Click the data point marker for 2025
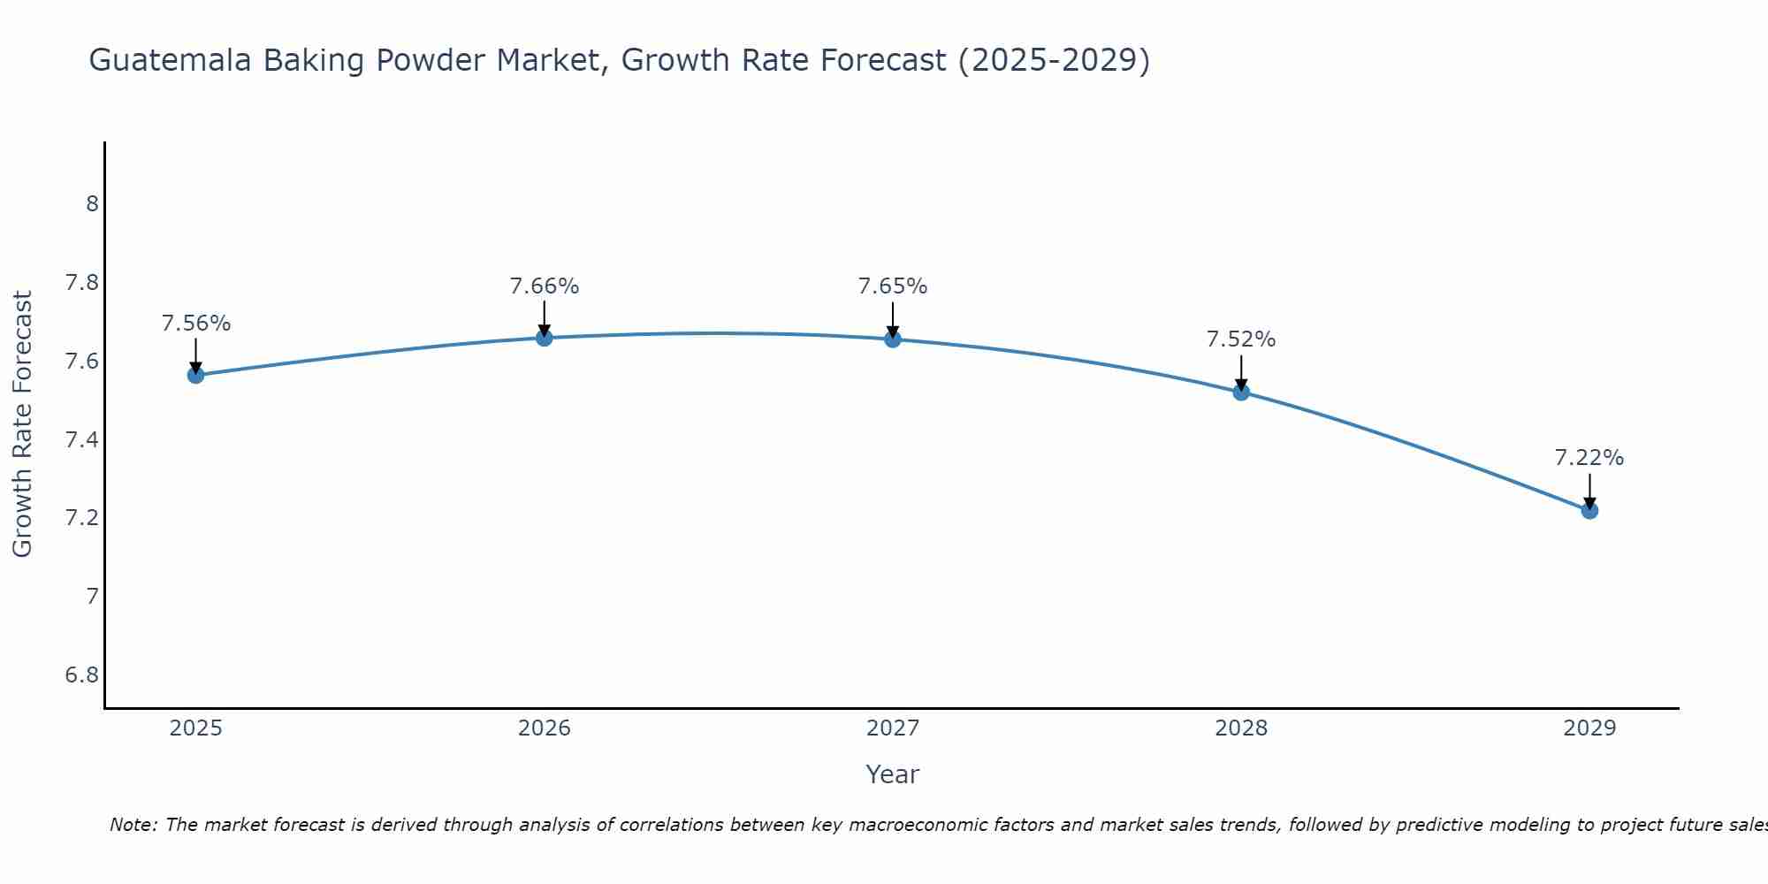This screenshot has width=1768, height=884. (x=195, y=375)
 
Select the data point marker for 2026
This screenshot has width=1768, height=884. (x=544, y=338)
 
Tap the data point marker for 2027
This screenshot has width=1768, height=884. (x=892, y=339)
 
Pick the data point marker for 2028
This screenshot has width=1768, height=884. (x=1240, y=392)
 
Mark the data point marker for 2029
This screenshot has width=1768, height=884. (x=1589, y=510)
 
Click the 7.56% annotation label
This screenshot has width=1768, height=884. (x=195, y=324)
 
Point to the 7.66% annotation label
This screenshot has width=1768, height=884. (x=544, y=286)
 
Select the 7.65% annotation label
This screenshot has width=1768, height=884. (x=892, y=286)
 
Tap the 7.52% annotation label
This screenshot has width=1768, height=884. (x=1240, y=339)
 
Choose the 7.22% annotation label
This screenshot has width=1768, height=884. (x=1589, y=458)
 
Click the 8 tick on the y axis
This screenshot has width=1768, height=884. (x=92, y=204)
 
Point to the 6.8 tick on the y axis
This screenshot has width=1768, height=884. (x=82, y=675)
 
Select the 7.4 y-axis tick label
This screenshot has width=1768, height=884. (x=82, y=440)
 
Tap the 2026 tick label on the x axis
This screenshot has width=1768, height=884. (x=544, y=728)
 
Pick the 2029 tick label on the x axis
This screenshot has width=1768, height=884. (x=1589, y=728)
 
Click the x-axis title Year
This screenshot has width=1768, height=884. (x=892, y=774)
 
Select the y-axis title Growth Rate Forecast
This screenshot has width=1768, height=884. (x=23, y=424)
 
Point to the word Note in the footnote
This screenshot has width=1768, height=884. (x=133, y=825)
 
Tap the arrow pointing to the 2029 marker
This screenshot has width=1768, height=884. (x=1589, y=489)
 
